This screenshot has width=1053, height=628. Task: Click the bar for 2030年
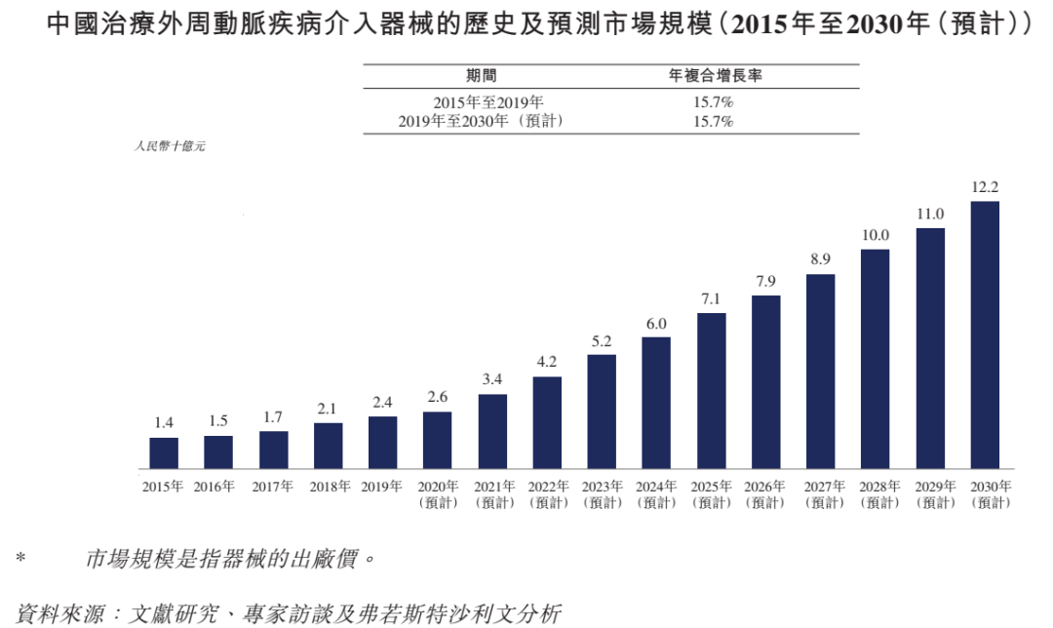tap(985, 334)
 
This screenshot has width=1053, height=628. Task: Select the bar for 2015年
tap(164, 452)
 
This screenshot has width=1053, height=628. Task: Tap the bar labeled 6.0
tap(656, 403)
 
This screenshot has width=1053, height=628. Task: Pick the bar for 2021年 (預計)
tap(492, 431)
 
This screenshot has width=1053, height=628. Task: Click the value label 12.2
tap(985, 187)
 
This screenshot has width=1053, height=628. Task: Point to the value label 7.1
tap(711, 298)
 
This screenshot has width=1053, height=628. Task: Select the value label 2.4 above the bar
tap(382, 402)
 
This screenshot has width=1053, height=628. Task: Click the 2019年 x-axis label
tap(382, 486)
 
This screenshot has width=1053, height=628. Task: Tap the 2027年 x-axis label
tap(820, 486)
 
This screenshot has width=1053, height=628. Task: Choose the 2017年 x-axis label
tap(273, 486)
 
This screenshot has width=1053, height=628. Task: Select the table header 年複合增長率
tap(713, 75)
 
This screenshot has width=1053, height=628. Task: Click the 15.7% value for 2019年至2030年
tap(713, 122)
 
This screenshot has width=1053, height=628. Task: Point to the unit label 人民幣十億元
tap(170, 147)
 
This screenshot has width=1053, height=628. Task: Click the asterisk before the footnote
tap(20, 561)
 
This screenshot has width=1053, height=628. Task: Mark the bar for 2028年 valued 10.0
tap(875, 359)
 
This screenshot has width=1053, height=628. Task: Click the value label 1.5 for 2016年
tap(218, 420)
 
